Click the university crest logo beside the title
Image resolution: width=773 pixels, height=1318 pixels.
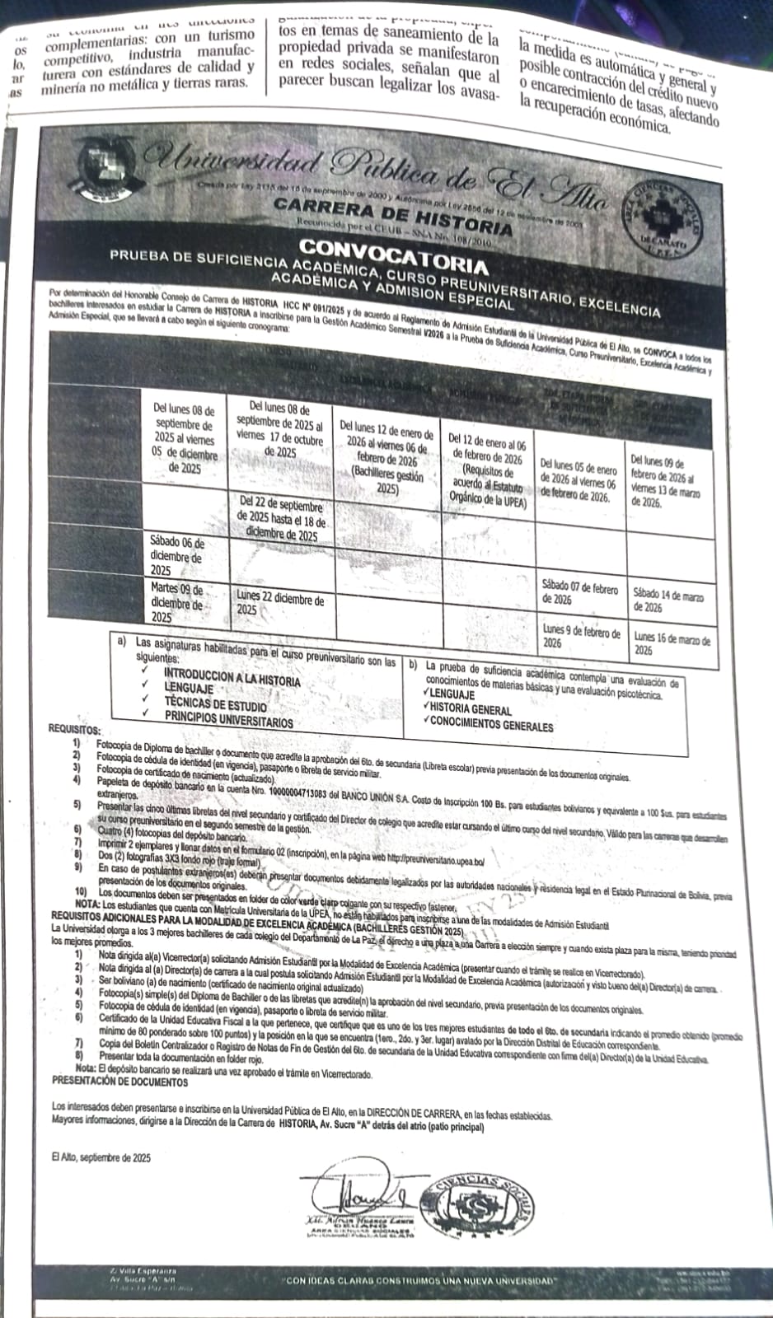click(x=105, y=169)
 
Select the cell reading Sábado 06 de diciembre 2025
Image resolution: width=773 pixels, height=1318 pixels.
click(x=178, y=556)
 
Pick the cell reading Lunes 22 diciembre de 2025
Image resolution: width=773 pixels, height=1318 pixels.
click(x=280, y=603)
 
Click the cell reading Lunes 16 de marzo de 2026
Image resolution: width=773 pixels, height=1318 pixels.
click(x=672, y=643)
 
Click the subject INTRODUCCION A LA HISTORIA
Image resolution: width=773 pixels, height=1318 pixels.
click(x=232, y=680)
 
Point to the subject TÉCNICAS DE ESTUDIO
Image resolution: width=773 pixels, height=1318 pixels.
click(x=215, y=706)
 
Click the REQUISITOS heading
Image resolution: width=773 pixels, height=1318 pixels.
click(x=75, y=730)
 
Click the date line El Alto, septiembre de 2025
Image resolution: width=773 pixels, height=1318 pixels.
click(x=101, y=1157)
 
